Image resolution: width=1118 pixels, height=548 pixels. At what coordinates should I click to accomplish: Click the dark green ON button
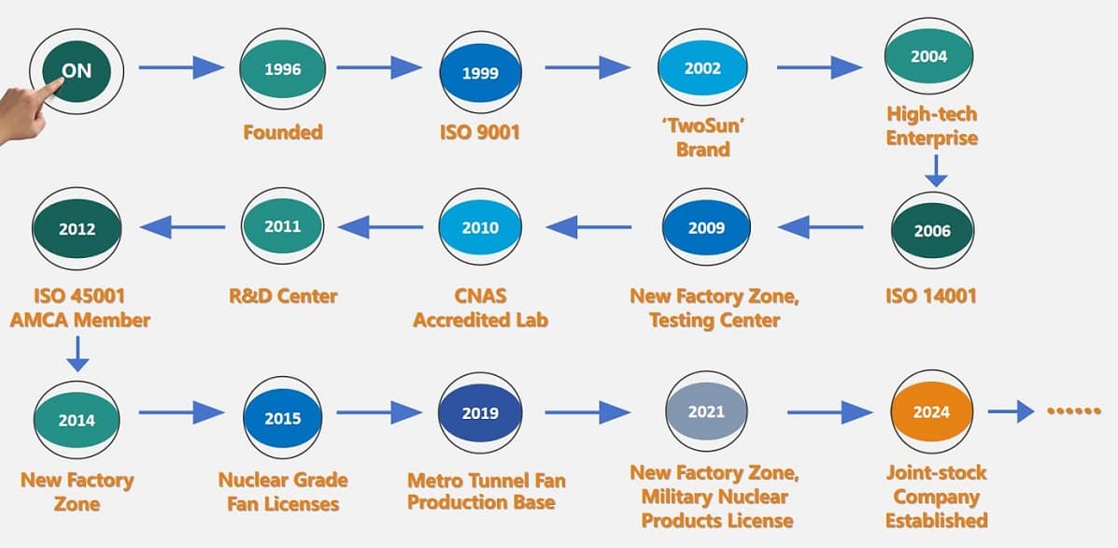77,71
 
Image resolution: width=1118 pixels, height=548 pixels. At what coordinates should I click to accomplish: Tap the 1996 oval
282,69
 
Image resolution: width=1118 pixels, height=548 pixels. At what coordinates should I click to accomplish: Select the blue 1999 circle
480,73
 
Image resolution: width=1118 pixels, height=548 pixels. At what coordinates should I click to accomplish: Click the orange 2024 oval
931,411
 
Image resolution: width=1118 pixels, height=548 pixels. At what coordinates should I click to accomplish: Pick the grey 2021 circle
706,411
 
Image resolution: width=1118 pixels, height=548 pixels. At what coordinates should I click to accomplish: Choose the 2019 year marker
480,412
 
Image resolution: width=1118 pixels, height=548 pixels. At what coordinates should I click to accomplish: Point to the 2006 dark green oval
932,231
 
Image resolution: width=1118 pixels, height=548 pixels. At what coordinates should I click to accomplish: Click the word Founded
283,132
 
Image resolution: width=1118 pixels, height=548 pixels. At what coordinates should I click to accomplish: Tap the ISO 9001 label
479,133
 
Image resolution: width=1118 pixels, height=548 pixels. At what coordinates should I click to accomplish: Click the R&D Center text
283,296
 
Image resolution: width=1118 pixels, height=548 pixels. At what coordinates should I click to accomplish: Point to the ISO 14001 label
930,296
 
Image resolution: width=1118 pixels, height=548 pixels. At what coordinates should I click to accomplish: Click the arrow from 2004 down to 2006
936,170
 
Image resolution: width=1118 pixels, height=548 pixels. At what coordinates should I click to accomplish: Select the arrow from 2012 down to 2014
77,353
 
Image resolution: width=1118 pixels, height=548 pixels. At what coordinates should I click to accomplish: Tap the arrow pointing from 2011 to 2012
182,227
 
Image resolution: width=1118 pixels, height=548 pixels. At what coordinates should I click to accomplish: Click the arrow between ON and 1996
181,67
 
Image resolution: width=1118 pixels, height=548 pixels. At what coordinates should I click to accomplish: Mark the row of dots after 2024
1074,411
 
